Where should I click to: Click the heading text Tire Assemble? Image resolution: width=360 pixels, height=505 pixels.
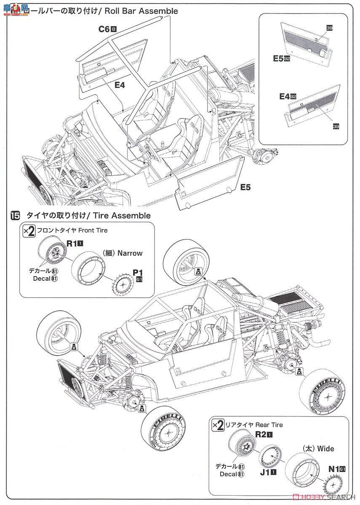122,216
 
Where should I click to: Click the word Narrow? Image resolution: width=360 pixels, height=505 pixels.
130,253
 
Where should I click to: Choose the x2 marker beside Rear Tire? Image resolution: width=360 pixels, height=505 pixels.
218,425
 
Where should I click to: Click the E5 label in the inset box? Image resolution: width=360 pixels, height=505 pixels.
279,59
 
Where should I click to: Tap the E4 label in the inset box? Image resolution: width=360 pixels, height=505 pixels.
285,96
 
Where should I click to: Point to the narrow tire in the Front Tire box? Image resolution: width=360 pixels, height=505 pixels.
90,269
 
